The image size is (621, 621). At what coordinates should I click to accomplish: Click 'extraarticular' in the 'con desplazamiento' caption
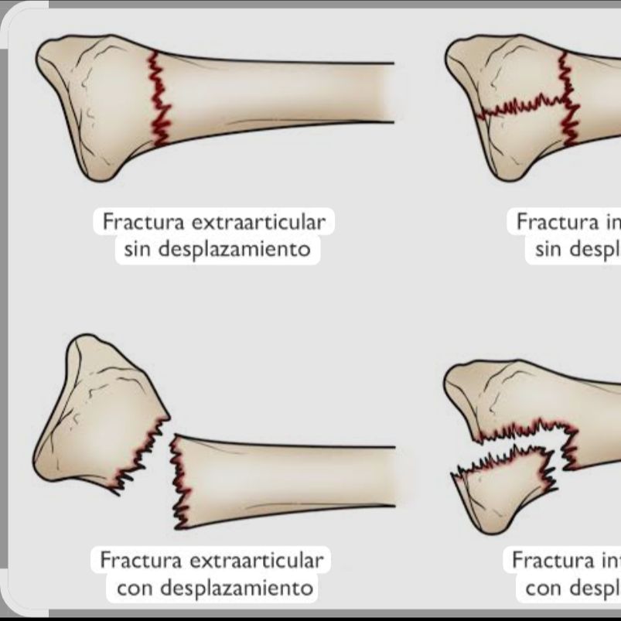(x=258, y=560)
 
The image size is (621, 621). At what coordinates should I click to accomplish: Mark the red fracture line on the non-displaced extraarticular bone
(x=159, y=99)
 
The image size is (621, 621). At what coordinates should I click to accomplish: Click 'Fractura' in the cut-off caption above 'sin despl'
(x=551, y=223)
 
